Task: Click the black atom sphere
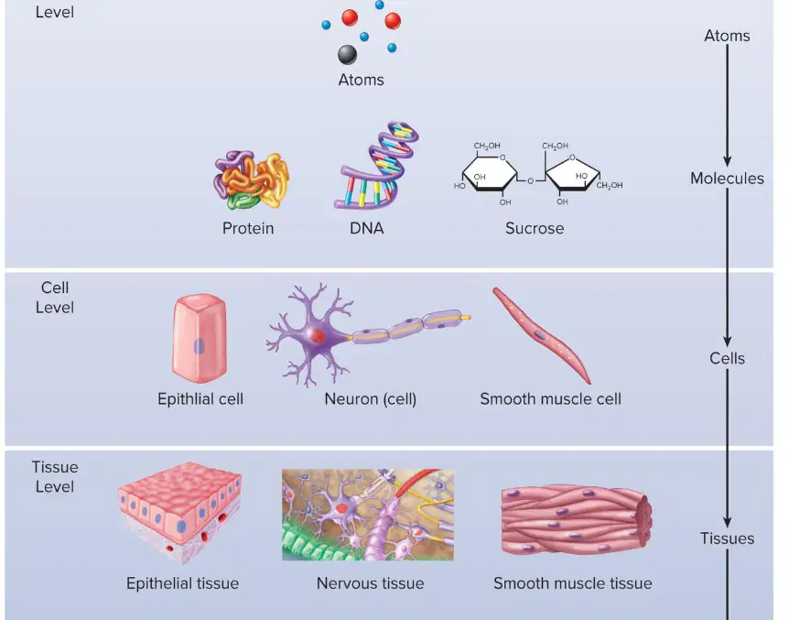[347, 54]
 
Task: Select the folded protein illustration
[251, 179]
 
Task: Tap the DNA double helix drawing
[376, 165]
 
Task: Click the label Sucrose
[535, 228]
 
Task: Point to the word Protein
[248, 228]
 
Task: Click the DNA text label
[367, 228]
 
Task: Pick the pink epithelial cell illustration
[200, 338]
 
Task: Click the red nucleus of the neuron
[317, 335]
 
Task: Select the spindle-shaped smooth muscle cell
[542, 335]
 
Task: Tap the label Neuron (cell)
[371, 399]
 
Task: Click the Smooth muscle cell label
[550, 399]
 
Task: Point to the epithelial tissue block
[180, 512]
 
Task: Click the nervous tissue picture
[368, 515]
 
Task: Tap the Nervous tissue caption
[371, 583]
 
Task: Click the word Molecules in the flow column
[727, 179]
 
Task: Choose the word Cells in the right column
[727, 359]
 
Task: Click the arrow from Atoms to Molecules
[727, 105]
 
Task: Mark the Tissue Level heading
[55, 477]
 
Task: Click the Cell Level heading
[55, 298]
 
